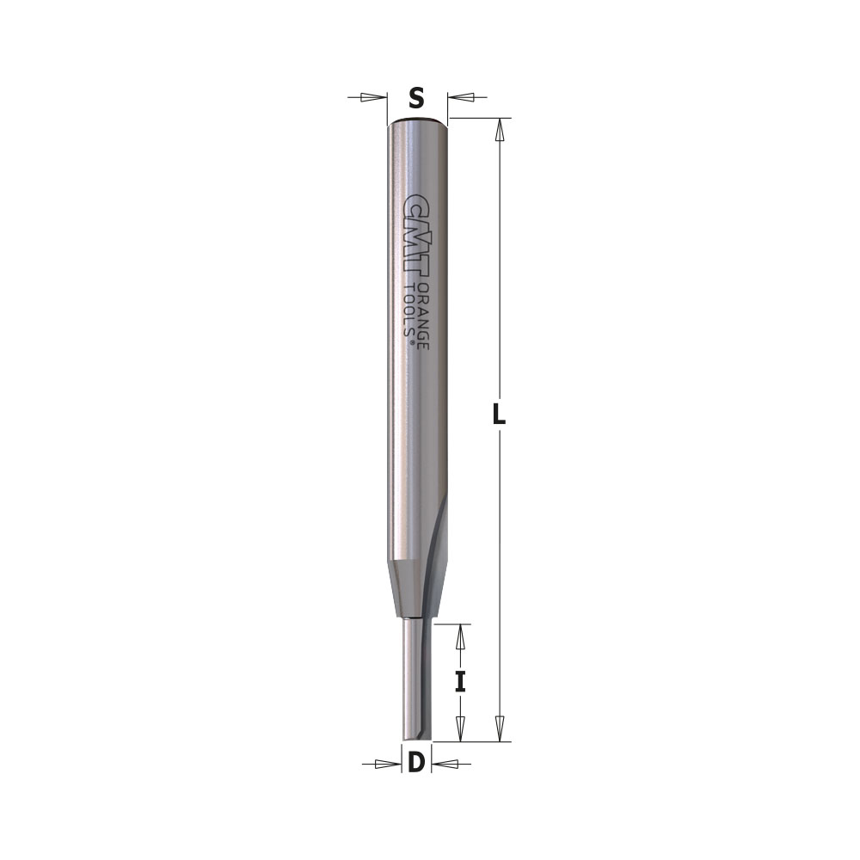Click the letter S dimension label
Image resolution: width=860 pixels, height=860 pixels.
click(x=416, y=98)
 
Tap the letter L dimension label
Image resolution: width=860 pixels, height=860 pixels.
click(x=498, y=415)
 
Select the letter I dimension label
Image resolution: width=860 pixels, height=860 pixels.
click(x=460, y=682)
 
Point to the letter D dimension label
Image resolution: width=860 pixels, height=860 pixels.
click(x=416, y=762)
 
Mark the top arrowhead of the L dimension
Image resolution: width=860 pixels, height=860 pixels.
click(x=499, y=129)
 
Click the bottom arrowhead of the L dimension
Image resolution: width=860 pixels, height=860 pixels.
click(x=499, y=730)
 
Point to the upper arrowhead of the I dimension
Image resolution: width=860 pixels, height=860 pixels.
click(x=460, y=636)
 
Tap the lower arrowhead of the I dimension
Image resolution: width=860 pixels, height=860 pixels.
click(x=460, y=728)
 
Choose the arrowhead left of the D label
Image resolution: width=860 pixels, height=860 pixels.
click(x=390, y=763)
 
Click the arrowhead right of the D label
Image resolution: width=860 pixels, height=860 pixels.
click(x=442, y=763)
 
